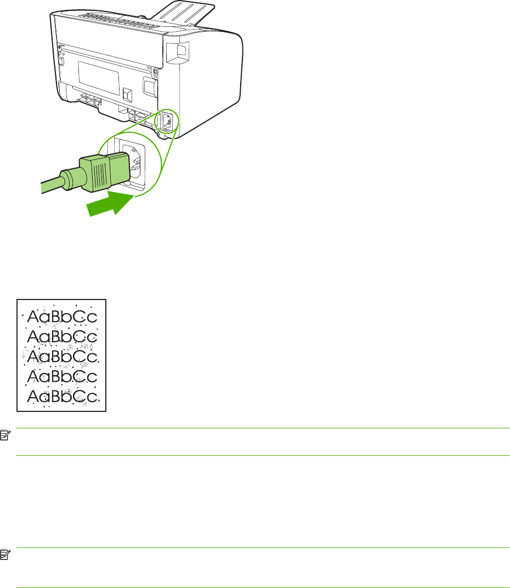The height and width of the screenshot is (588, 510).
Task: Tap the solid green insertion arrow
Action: click(x=110, y=206)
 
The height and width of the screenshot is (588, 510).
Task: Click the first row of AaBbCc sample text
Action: click(x=61, y=317)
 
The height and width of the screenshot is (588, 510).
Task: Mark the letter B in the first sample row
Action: click(x=56, y=317)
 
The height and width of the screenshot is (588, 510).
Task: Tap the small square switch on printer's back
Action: click(x=128, y=94)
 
